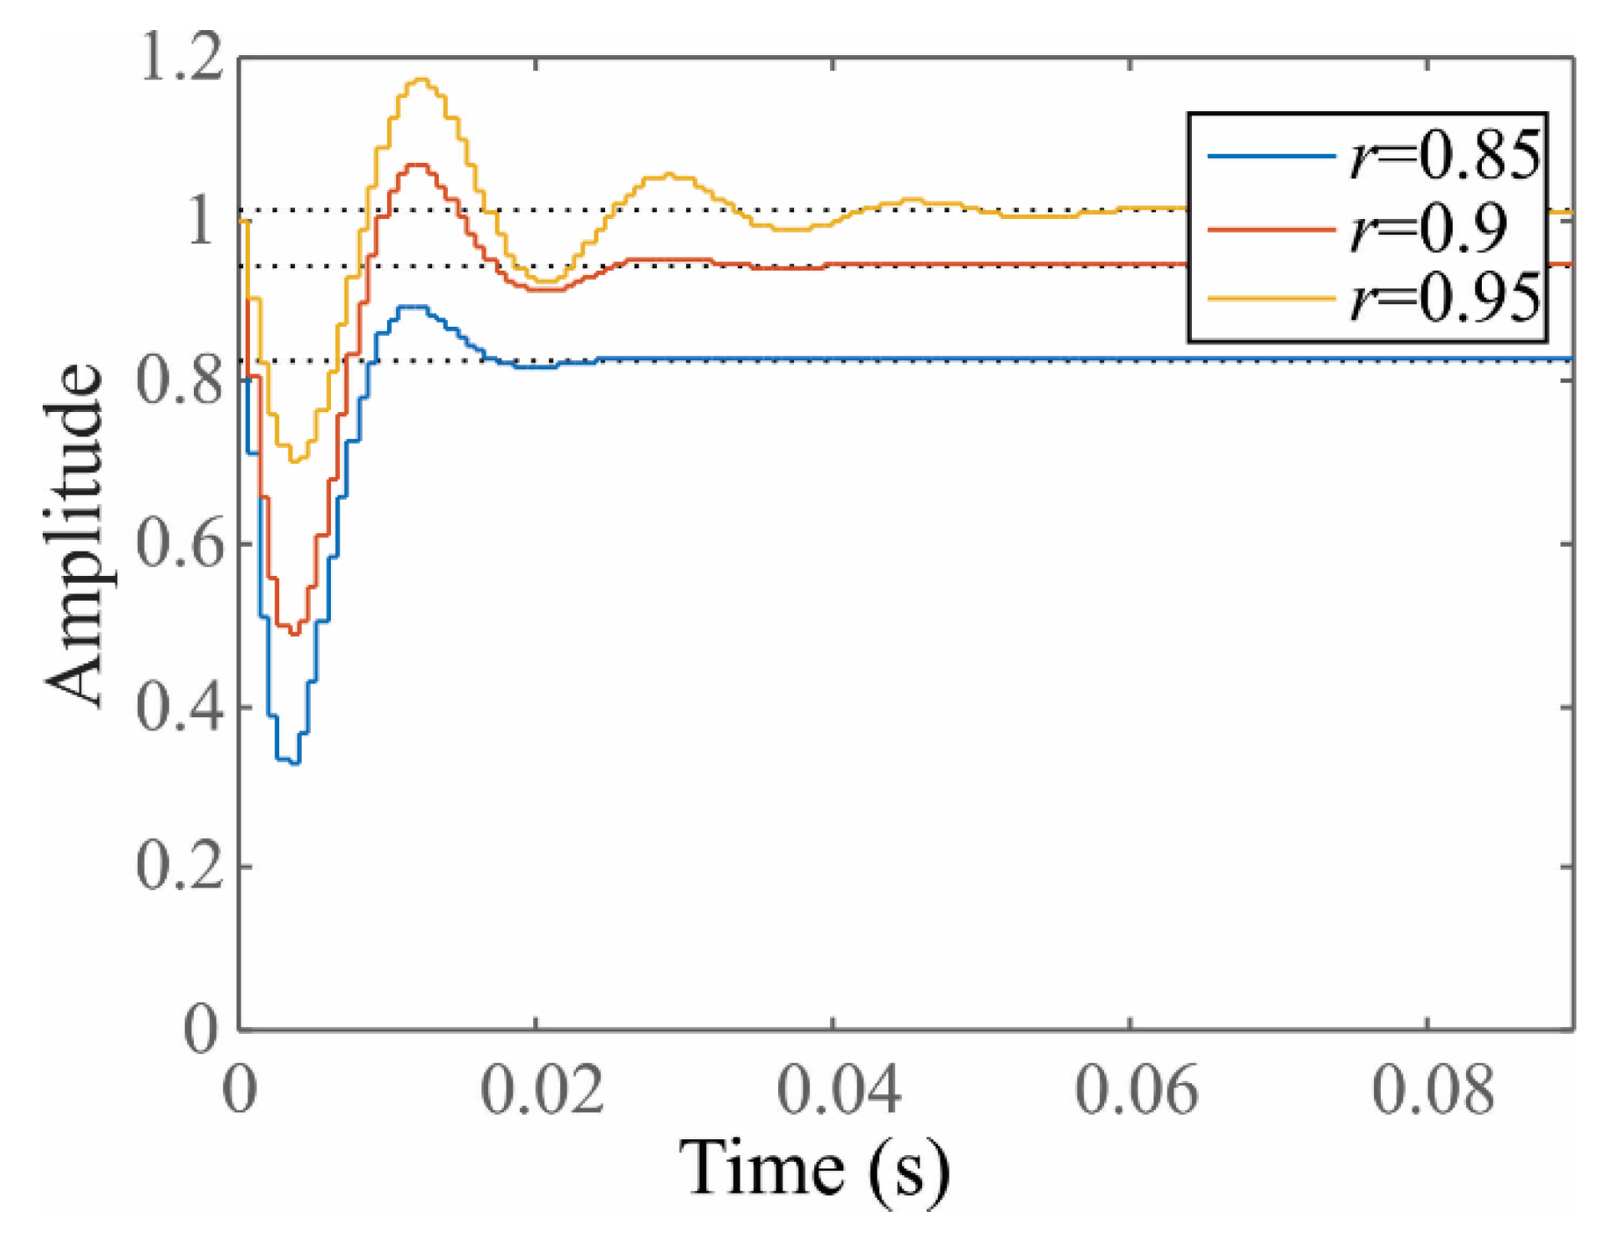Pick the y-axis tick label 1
point(201,221)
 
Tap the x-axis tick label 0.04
point(838,1089)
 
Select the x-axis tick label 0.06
point(1136,1089)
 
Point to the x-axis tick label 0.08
point(1433,1089)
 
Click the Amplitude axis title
point(75,535)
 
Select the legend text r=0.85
point(1444,156)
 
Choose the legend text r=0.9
point(1428,228)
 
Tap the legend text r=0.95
point(1444,298)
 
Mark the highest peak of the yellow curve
point(421,80)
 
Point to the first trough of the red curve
point(293,634)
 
